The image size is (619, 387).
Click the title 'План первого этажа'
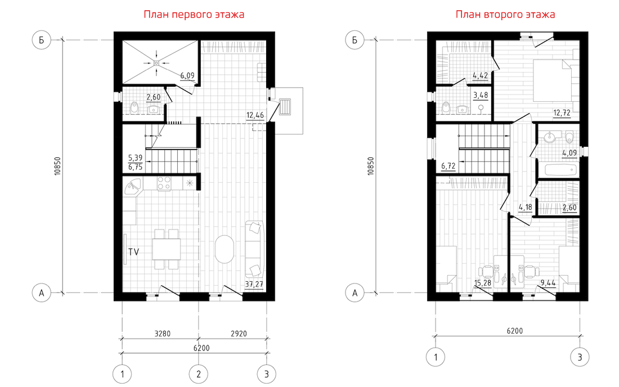(194, 15)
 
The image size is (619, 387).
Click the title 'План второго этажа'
(505, 15)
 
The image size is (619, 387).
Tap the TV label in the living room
(134, 251)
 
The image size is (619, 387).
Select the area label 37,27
(254, 284)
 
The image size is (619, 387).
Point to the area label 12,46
(255, 115)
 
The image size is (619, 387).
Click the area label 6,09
(187, 75)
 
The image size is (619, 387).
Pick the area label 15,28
(483, 282)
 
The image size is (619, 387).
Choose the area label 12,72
(562, 113)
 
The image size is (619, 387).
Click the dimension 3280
(162, 334)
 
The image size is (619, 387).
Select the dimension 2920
(239, 334)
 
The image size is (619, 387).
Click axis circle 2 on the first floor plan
(199, 374)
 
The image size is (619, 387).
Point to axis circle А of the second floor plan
(355, 292)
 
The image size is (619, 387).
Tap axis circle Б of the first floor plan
(42, 40)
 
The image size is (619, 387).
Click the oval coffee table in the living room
(224, 249)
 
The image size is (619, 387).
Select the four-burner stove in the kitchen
(164, 183)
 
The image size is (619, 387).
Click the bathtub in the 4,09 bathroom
(560, 170)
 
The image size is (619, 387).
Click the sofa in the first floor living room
(254, 249)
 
